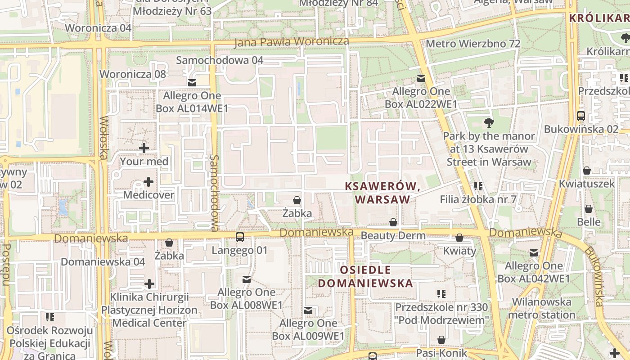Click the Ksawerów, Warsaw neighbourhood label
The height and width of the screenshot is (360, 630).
(x=382, y=193)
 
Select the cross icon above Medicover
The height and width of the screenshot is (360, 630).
(x=148, y=182)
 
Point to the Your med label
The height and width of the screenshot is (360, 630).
(x=144, y=161)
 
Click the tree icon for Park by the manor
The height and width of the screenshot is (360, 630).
(x=488, y=122)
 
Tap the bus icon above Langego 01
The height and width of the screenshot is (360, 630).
(x=240, y=237)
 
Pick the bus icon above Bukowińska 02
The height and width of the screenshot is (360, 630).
(x=581, y=116)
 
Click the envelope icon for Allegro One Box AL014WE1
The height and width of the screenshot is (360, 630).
(x=192, y=83)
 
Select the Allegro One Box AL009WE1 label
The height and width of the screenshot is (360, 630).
(x=308, y=329)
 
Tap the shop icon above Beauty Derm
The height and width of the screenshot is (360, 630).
(x=393, y=223)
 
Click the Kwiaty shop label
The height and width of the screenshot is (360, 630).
(x=459, y=251)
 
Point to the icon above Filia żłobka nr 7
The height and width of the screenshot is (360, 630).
(x=478, y=186)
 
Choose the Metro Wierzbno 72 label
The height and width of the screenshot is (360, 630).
(x=473, y=44)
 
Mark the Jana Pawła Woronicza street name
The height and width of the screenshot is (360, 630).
(x=292, y=42)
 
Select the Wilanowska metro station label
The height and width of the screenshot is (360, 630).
(x=542, y=308)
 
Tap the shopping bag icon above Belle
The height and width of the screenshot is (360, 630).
(x=589, y=209)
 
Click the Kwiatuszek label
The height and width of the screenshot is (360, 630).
(x=587, y=184)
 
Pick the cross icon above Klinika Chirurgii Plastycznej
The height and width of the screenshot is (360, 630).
(x=149, y=284)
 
